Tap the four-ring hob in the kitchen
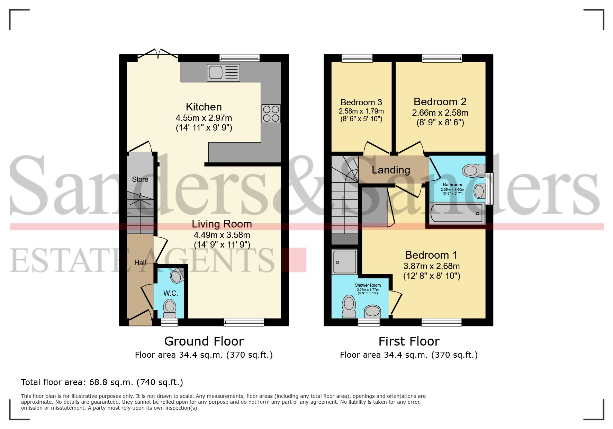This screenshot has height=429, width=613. coord(271,114)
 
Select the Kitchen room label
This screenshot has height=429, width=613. coord(204,107)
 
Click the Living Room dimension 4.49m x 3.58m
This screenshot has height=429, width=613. coord(222,235)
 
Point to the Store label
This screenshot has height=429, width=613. coord(140,179)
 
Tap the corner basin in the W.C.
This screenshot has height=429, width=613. coord(177,276)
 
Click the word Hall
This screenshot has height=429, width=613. coord(140,263)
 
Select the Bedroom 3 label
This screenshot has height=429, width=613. coord(361,102)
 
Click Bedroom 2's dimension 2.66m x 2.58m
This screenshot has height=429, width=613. coord(440,113)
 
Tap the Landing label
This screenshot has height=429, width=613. coord(391,170)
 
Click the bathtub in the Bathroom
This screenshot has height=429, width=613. coord(457,213)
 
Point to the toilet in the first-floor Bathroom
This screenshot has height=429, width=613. coord(472,170)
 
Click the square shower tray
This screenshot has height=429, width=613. coord(345,262)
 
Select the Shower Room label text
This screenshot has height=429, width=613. coord(368,285)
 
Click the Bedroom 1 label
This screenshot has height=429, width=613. coord(431,255)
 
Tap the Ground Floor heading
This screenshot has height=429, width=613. coord(204,341)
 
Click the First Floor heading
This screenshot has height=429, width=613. coord(409,341)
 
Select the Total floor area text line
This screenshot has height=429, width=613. coord(102,382)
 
